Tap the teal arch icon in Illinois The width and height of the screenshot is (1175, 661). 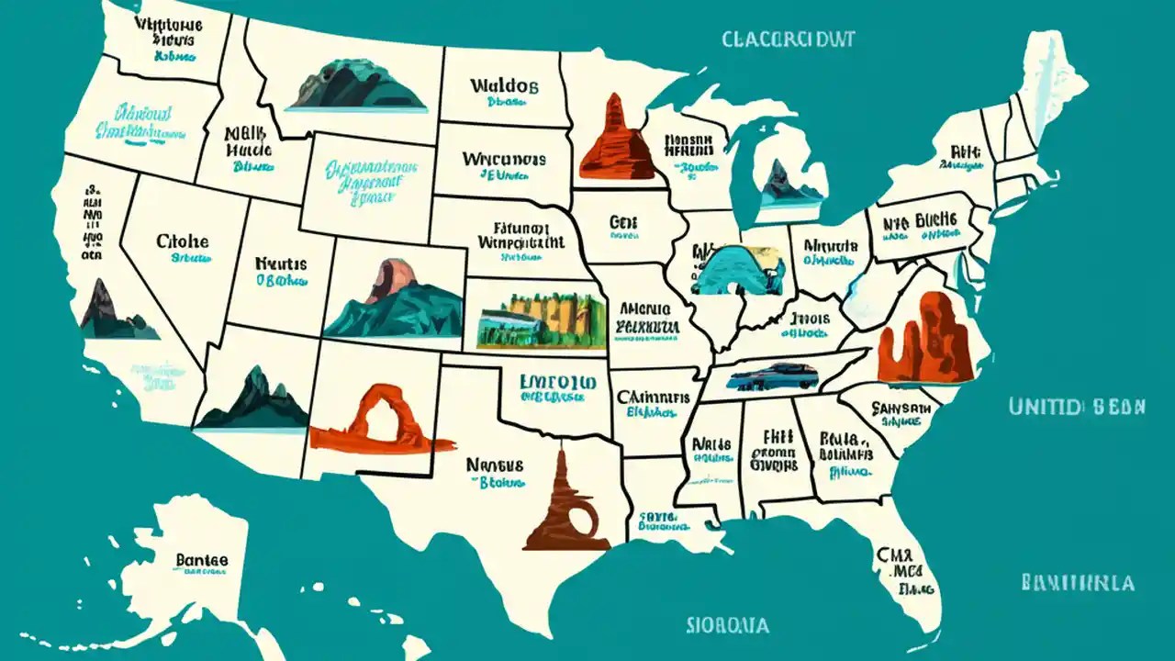(x=734, y=270)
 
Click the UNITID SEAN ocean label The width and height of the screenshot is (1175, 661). (x=1076, y=407)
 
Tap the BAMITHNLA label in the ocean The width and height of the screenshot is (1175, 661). (x=1076, y=583)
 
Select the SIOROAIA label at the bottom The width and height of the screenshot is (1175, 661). (x=727, y=625)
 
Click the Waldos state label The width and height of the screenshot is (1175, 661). (x=504, y=86)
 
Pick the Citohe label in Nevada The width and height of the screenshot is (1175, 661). (x=183, y=242)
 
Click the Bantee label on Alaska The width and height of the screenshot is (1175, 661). (x=201, y=559)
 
